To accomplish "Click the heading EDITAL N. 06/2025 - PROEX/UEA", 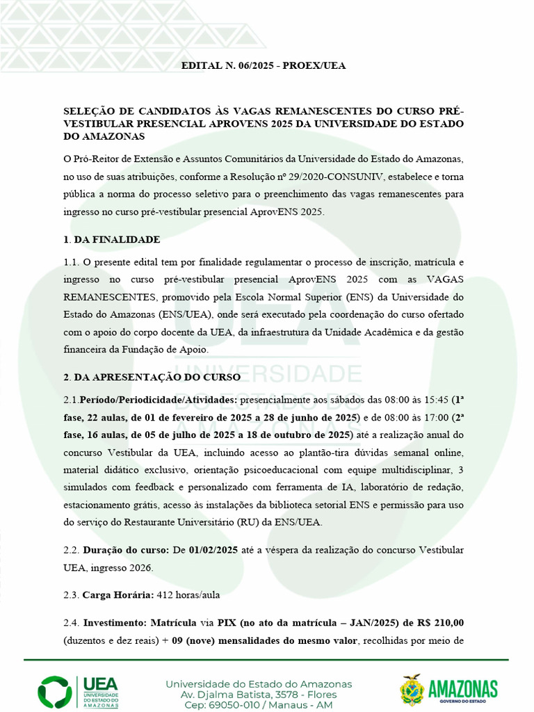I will pos(263,66).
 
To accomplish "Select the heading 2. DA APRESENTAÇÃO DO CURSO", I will pos(152,378).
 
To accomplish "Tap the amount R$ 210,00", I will pos(440,623).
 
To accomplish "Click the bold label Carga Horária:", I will pos(108,595).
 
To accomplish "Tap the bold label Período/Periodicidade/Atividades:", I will pos(159,400).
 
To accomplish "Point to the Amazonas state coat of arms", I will pos(412,690).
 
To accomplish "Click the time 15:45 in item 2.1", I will pos(434,400).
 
